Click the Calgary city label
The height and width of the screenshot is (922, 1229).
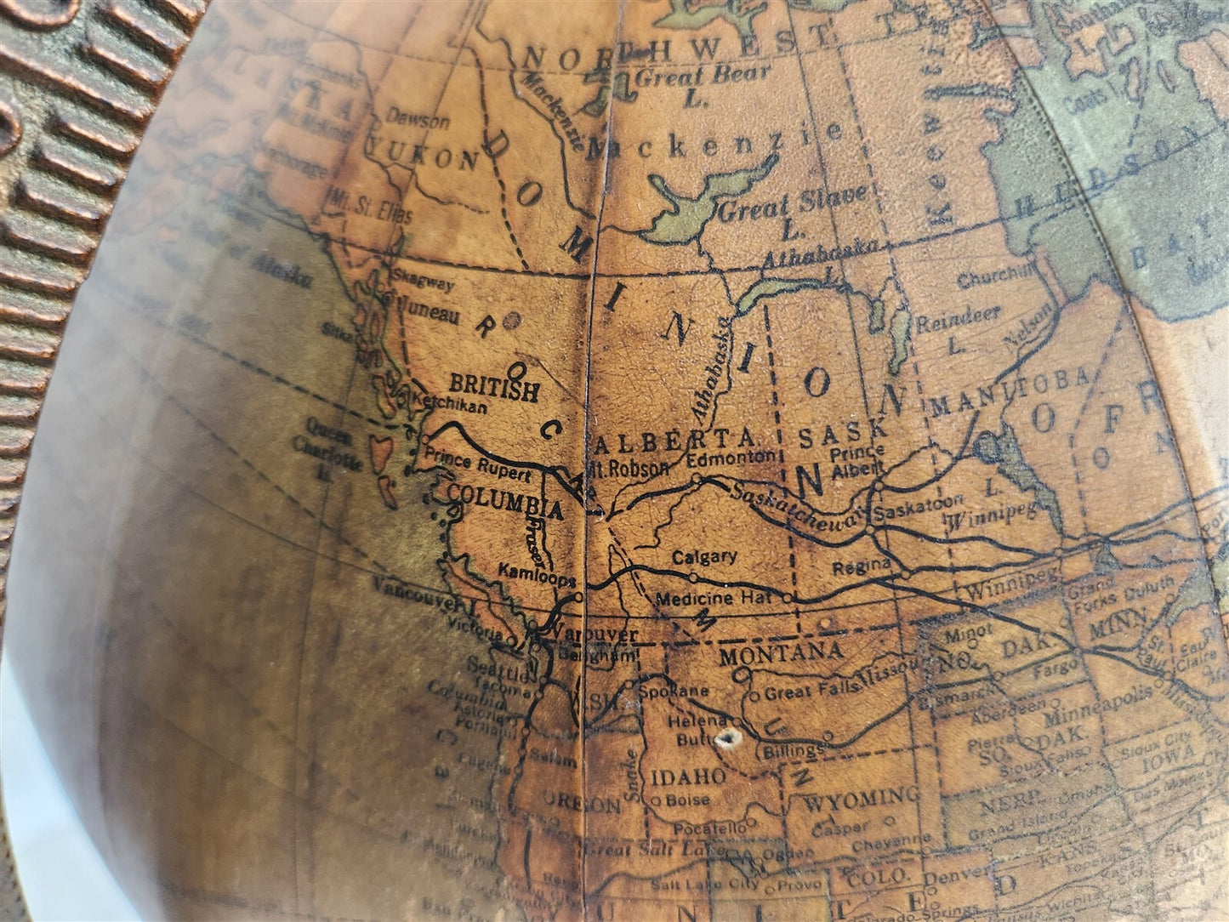point(704,558)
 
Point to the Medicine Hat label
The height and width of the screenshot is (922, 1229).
point(713,599)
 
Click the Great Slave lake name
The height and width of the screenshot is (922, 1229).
point(793,204)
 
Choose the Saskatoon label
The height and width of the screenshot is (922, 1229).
point(919,513)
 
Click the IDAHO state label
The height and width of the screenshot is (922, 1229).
point(688,777)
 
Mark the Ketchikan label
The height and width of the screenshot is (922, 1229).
point(452,407)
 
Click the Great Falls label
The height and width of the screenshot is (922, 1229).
point(799,693)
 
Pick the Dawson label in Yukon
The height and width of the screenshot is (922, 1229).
point(418,120)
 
